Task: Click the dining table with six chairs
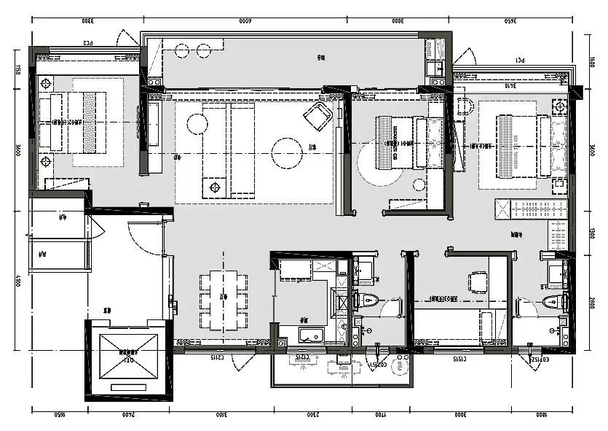[x=224, y=299]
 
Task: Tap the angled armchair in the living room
[x=319, y=114]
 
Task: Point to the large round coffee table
[x=287, y=152]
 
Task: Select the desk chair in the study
[x=478, y=281]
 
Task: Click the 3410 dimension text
[x=510, y=85]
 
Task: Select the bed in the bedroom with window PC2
[x=80, y=122]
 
